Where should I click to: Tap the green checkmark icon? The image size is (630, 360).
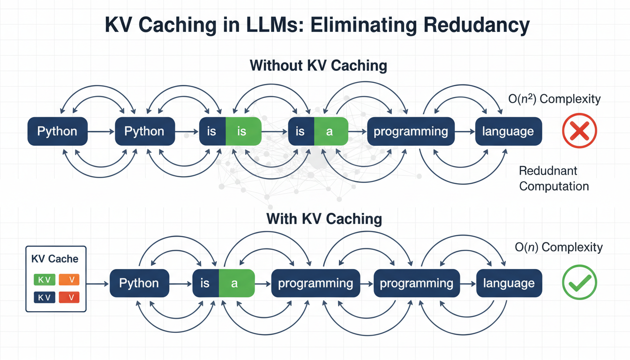pyautogui.click(x=579, y=283)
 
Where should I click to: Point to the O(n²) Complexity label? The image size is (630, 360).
pyautogui.click(x=555, y=99)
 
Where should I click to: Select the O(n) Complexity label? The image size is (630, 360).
pyautogui.click(x=559, y=247)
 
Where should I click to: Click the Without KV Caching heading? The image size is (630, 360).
pyautogui.click(x=318, y=65)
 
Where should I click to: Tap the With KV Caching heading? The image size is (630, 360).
pyautogui.click(x=324, y=218)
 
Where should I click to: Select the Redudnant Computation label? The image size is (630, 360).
pyautogui.click(x=554, y=178)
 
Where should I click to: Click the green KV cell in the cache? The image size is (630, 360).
pyautogui.click(x=45, y=280)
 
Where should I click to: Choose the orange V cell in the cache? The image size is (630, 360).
pyautogui.click(x=69, y=280)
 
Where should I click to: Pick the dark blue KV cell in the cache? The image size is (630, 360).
pyautogui.click(x=45, y=297)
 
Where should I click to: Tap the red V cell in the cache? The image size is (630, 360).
pyautogui.click(x=69, y=297)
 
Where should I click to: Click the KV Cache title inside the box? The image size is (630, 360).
pyautogui.click(x=55, y=259)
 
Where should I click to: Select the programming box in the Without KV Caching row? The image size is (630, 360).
pyautogui.click(x=411, y=131)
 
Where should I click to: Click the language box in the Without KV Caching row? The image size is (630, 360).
pyautogui.click(x=508, y=131)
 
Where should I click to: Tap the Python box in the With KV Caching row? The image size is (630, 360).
pyautogui.click(x=139, y=283)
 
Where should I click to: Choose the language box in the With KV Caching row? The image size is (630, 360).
pyautogui.click(x=509, y=283)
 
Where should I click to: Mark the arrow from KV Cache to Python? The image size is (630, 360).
pyautogui.click(x=97, y=283)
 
